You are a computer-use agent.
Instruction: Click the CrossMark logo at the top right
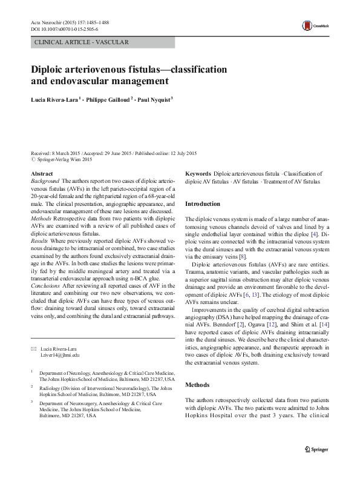(312, 25)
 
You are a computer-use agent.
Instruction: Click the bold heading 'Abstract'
(41, 174)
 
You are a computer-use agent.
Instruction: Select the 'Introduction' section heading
(202, 204)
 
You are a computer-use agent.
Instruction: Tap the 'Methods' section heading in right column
(197, 385)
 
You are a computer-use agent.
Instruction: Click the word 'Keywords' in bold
(198, 174)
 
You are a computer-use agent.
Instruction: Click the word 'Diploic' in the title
(53, 68)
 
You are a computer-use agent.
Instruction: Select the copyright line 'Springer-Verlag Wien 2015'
(64, 159)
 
